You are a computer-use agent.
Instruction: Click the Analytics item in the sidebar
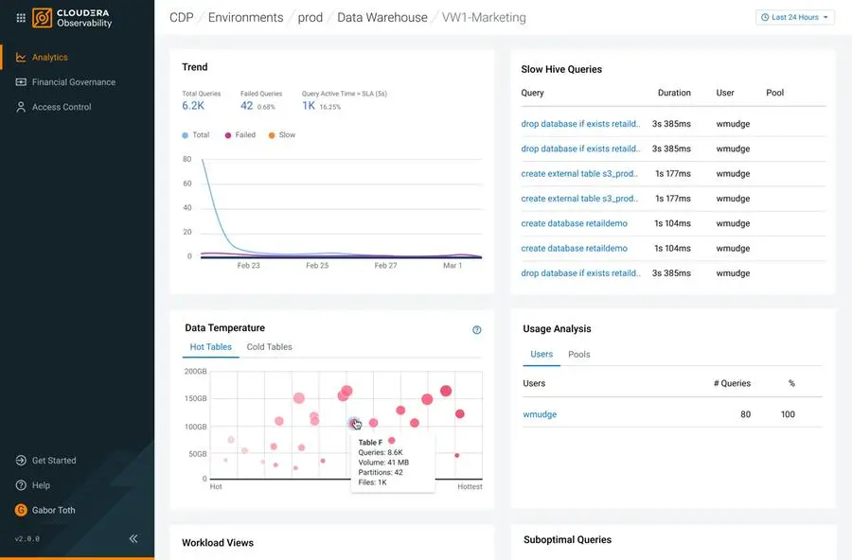coord(49,57)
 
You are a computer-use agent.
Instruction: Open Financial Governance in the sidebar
coord(73,82)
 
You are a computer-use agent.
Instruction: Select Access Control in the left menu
coord(62,107)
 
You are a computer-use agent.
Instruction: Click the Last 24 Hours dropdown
coord(795,17)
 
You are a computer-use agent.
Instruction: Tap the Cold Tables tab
coord(269,347)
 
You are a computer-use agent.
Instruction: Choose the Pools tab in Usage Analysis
coord(578,355)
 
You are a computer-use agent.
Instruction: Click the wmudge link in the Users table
coord(540,414)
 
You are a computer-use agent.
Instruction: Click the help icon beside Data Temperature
coord(477,330)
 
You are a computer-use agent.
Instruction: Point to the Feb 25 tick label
coord(317,266)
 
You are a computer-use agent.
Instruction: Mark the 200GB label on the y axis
coord(195,372)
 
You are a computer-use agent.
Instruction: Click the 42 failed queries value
coord(246,106)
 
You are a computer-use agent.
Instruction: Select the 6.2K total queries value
coord(193,106)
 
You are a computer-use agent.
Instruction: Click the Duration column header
coord(674,93)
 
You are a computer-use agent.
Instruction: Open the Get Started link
coord(54,461)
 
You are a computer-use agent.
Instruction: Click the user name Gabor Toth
coord(53,510)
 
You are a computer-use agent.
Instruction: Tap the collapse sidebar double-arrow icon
coord(133,538)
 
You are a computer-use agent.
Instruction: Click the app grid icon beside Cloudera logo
coord(21,17)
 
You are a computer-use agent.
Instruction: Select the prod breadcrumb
coord(310,17)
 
